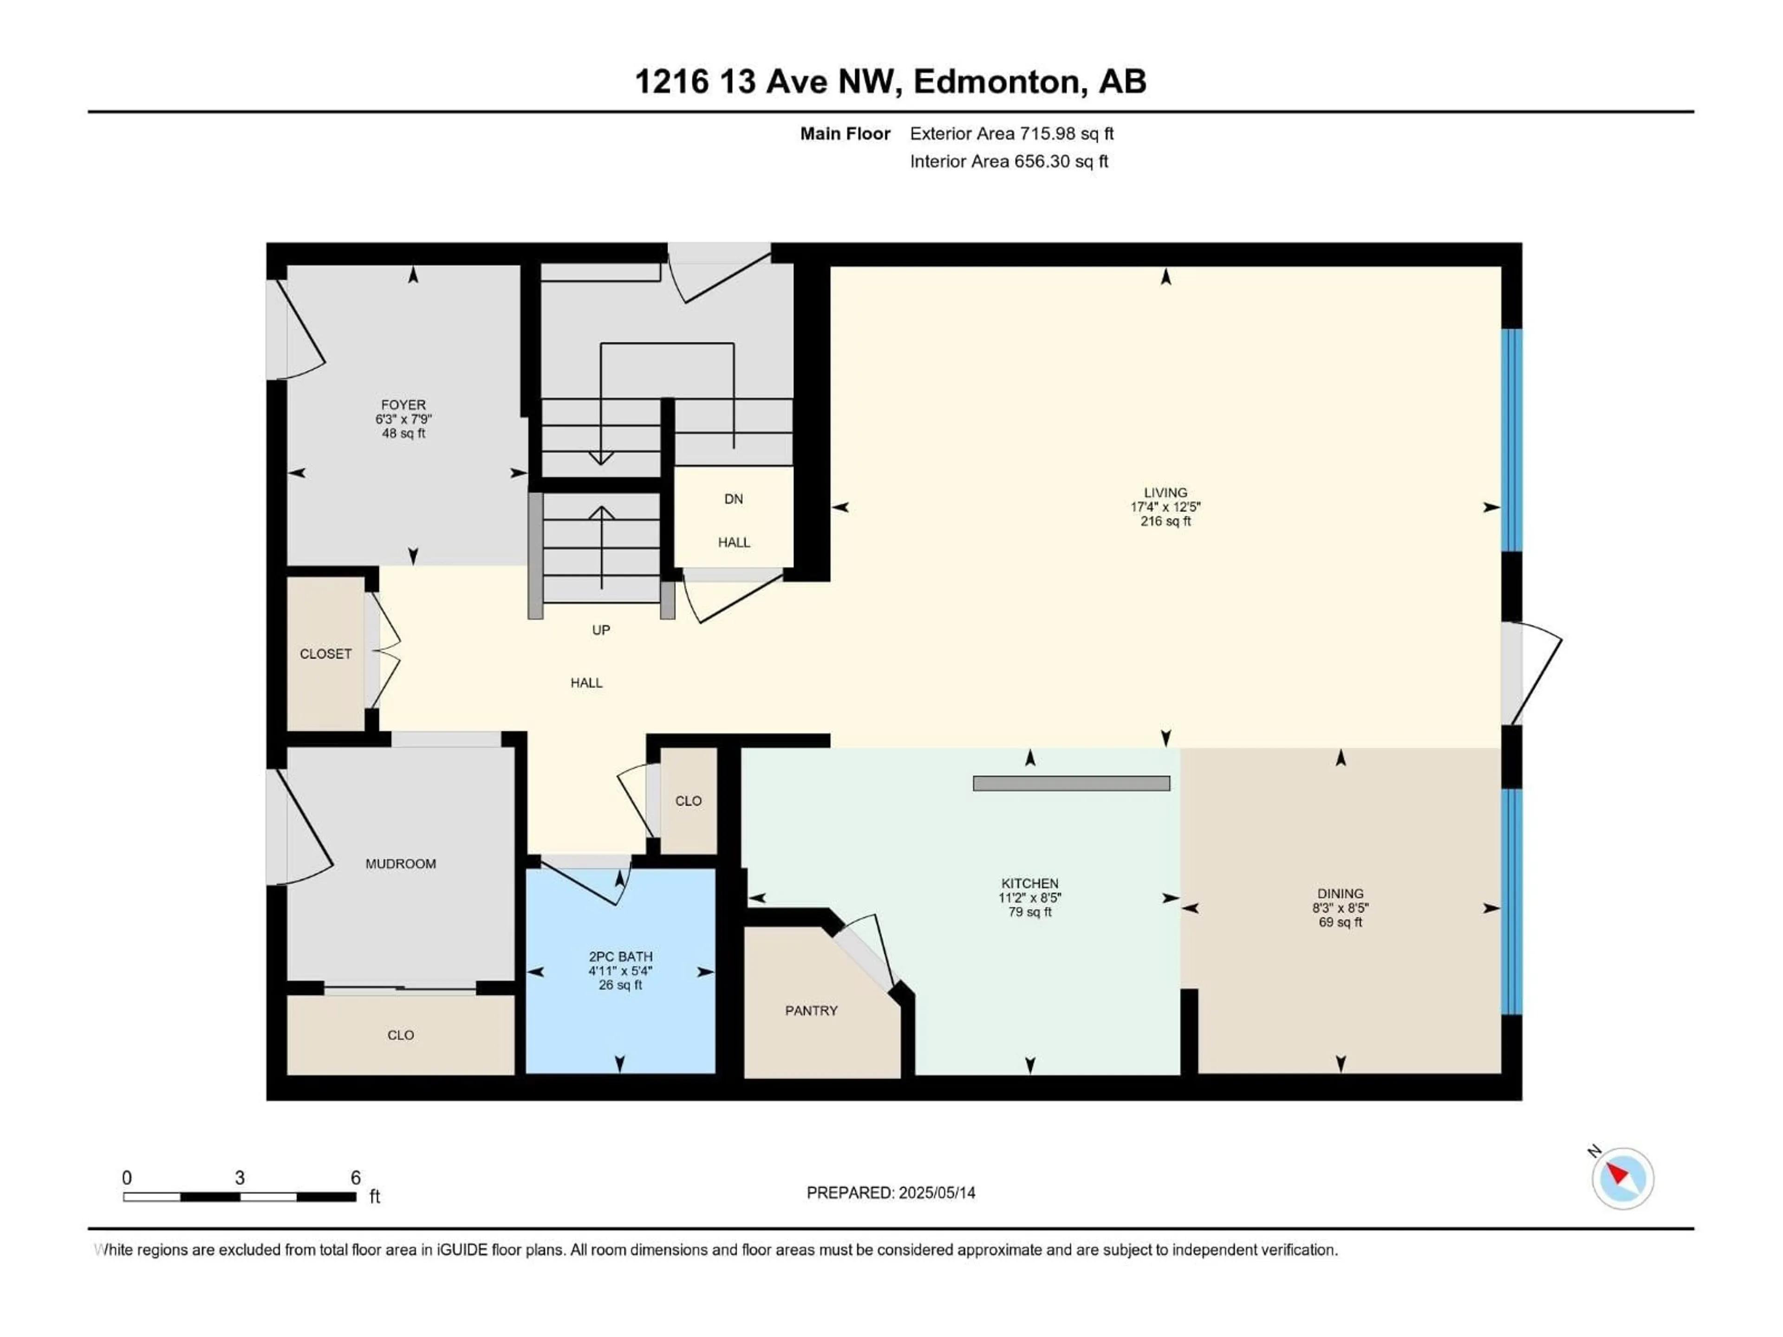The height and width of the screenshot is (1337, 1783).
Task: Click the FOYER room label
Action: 403,404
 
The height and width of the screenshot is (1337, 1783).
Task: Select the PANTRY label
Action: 811,1011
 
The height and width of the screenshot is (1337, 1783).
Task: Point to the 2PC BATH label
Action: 620,957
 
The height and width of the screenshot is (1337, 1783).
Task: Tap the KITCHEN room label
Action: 1029,883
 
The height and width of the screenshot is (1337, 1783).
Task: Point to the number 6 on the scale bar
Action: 356,1177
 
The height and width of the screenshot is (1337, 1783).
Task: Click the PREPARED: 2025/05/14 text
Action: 891,1193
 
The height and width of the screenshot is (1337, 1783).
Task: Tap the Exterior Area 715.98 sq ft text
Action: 1012,134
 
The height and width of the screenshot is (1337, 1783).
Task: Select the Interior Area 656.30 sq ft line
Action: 1009,161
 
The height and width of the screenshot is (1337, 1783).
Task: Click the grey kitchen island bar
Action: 1071,783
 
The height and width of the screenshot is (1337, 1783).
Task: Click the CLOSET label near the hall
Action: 325,654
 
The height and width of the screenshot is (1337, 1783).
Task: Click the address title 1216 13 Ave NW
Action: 890,81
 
